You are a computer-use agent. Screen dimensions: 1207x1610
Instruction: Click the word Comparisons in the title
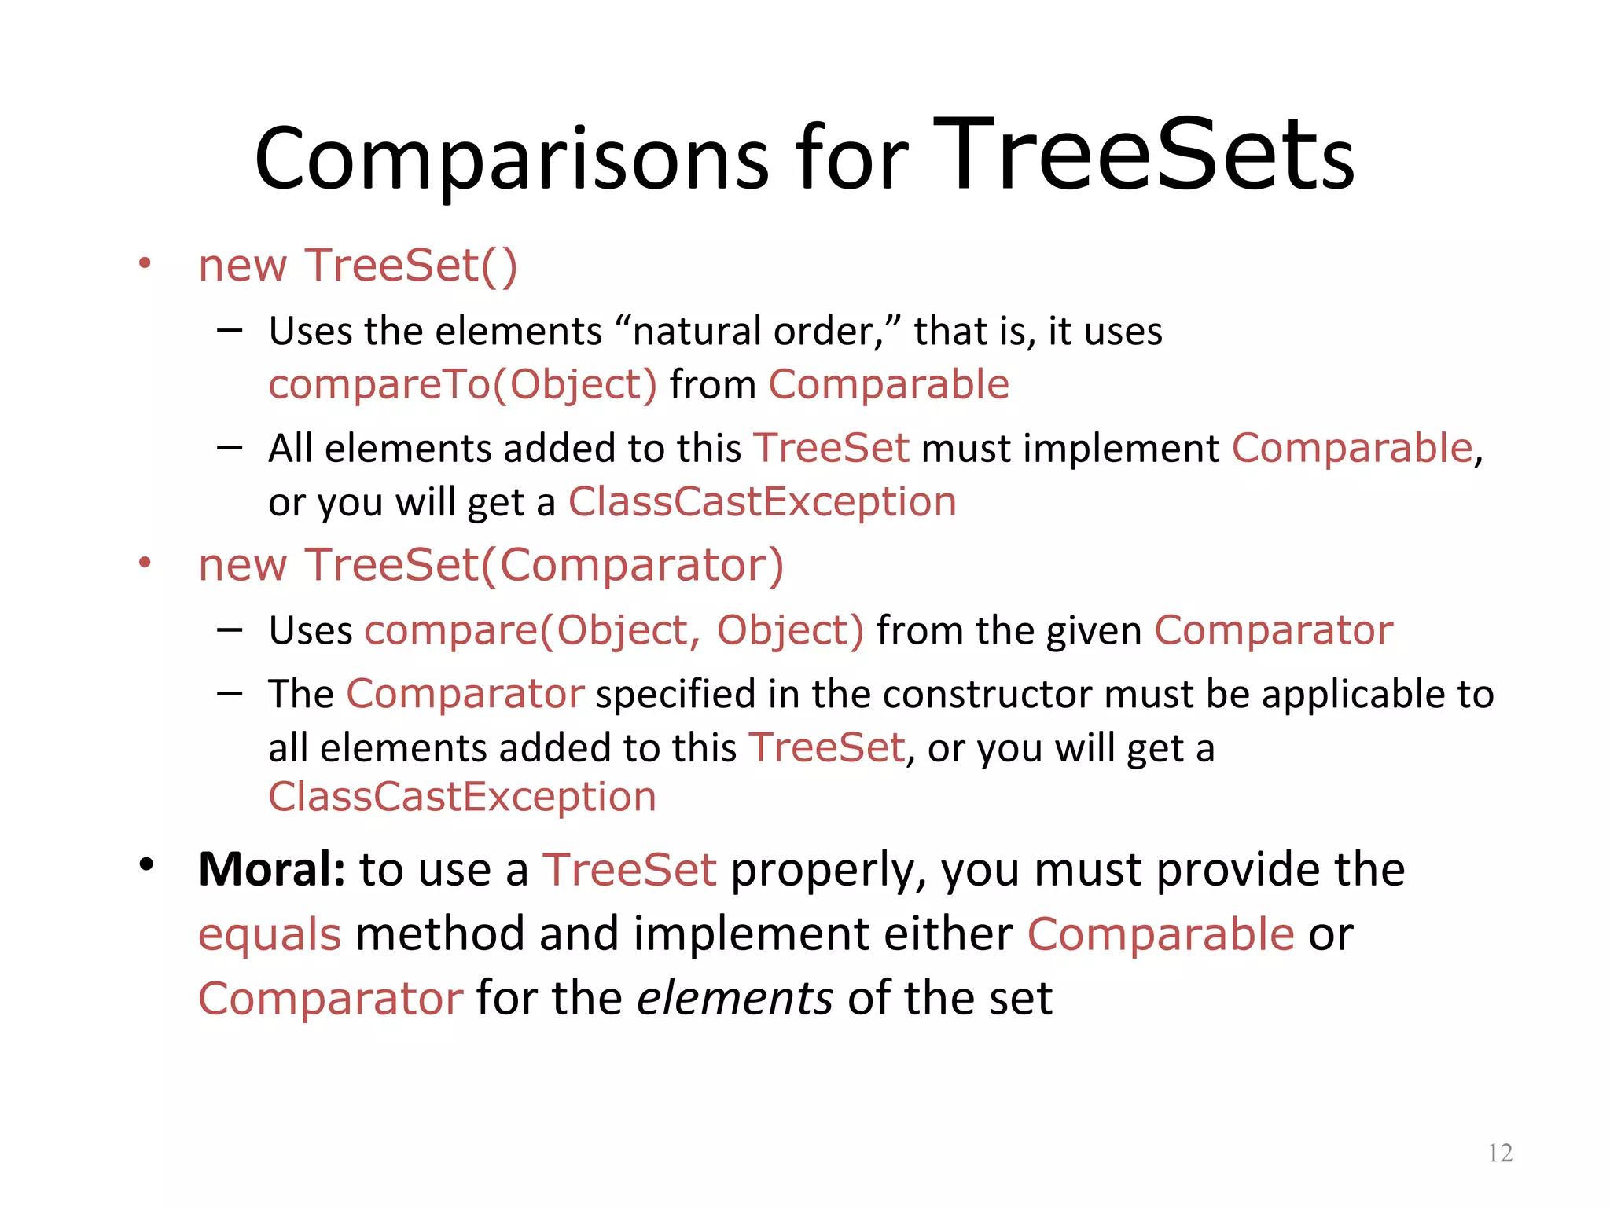(511, 160)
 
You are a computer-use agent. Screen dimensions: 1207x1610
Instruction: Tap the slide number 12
(1500, 1153)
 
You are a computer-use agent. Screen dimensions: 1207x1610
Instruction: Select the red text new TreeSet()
(358, 266)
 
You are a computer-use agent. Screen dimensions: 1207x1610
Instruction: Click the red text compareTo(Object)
(462, 385)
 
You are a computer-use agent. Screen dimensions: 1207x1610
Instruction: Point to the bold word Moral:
(271, 869)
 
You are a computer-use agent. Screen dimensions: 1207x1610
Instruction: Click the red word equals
(270, 934)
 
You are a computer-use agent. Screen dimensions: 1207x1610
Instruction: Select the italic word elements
(734, 999)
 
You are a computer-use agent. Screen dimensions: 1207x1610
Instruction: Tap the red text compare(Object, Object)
(614, 631)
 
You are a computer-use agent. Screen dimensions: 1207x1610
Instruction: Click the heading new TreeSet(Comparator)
(491, 565)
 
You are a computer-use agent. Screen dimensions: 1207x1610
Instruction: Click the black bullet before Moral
(146, 865)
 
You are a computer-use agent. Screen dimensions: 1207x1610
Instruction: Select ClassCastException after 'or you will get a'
(762, 502)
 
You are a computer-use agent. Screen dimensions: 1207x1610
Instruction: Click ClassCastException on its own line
(462, 797)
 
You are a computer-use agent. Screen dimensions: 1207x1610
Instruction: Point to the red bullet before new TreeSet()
(145, 263)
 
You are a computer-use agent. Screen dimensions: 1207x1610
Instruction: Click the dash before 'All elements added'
(230, 448)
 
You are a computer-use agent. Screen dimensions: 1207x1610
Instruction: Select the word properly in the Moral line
(829, 871)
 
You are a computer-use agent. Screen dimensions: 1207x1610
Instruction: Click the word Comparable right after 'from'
(888, 385)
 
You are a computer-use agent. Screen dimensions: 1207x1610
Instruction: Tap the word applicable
(1353, 695)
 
